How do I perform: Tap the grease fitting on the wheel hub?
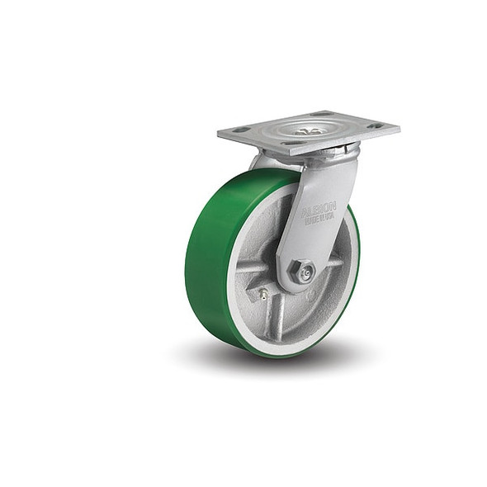point(263,293)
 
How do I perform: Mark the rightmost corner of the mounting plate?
point(399,127)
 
